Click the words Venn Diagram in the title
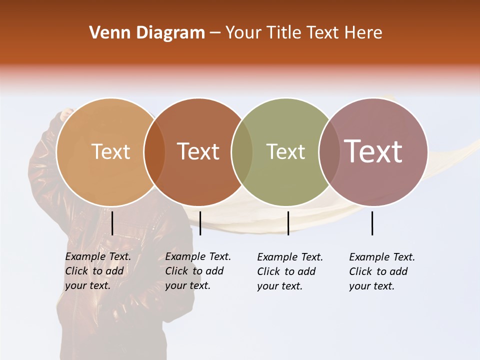(x=147, y=33)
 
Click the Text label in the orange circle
(x=110, y=151)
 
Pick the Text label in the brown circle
(x=198, y=151)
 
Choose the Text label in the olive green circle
(x=285, y=151)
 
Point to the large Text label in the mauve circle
(x=373, y=151)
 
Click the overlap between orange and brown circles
(x=154, y=151)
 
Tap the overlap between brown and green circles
(x=242, y=151)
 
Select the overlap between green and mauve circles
(x=328, y=151)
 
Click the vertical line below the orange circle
(x=112, y=223)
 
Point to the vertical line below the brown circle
(x=200, y=223)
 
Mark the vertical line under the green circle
(x=288, y=223)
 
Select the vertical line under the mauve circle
(x=372, y=223)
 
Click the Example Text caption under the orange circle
(x=98, y=271)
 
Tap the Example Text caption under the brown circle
(x=198, y=271)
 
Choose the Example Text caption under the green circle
(x=290, y=271)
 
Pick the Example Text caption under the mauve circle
(x=382, y=271)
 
